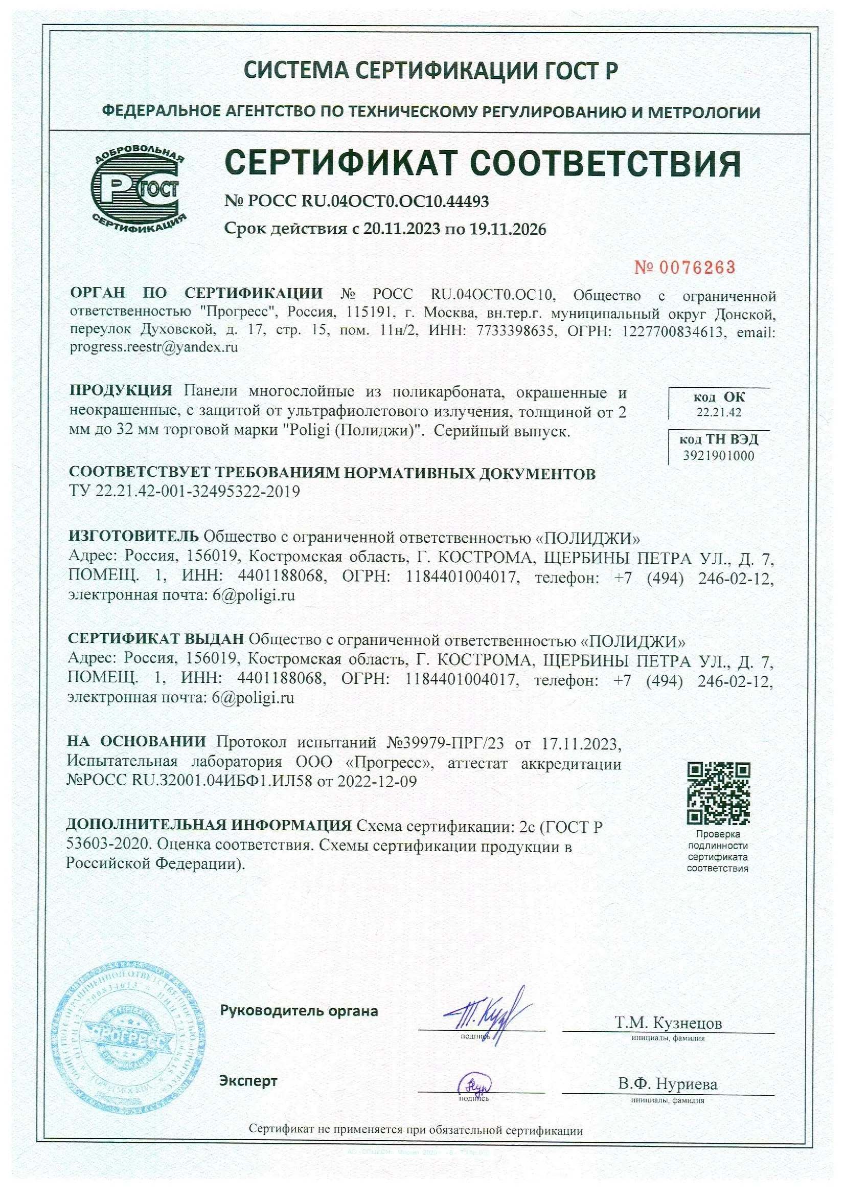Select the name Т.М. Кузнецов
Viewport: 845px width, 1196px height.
coord(668,1023)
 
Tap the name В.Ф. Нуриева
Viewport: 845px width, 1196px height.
coord(668,1084)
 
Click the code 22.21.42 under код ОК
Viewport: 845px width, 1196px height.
coord(719,412)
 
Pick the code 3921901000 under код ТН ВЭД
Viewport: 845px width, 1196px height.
coord(719,456)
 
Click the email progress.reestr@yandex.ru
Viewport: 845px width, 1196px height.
coord(153,347)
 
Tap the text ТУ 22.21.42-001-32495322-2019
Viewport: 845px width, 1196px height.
coord(185,491)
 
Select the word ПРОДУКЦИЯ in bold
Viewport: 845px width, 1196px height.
coord(121,391)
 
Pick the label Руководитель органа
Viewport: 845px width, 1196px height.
coord(299,1011)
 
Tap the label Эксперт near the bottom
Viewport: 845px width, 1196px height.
coord(248,1081)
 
